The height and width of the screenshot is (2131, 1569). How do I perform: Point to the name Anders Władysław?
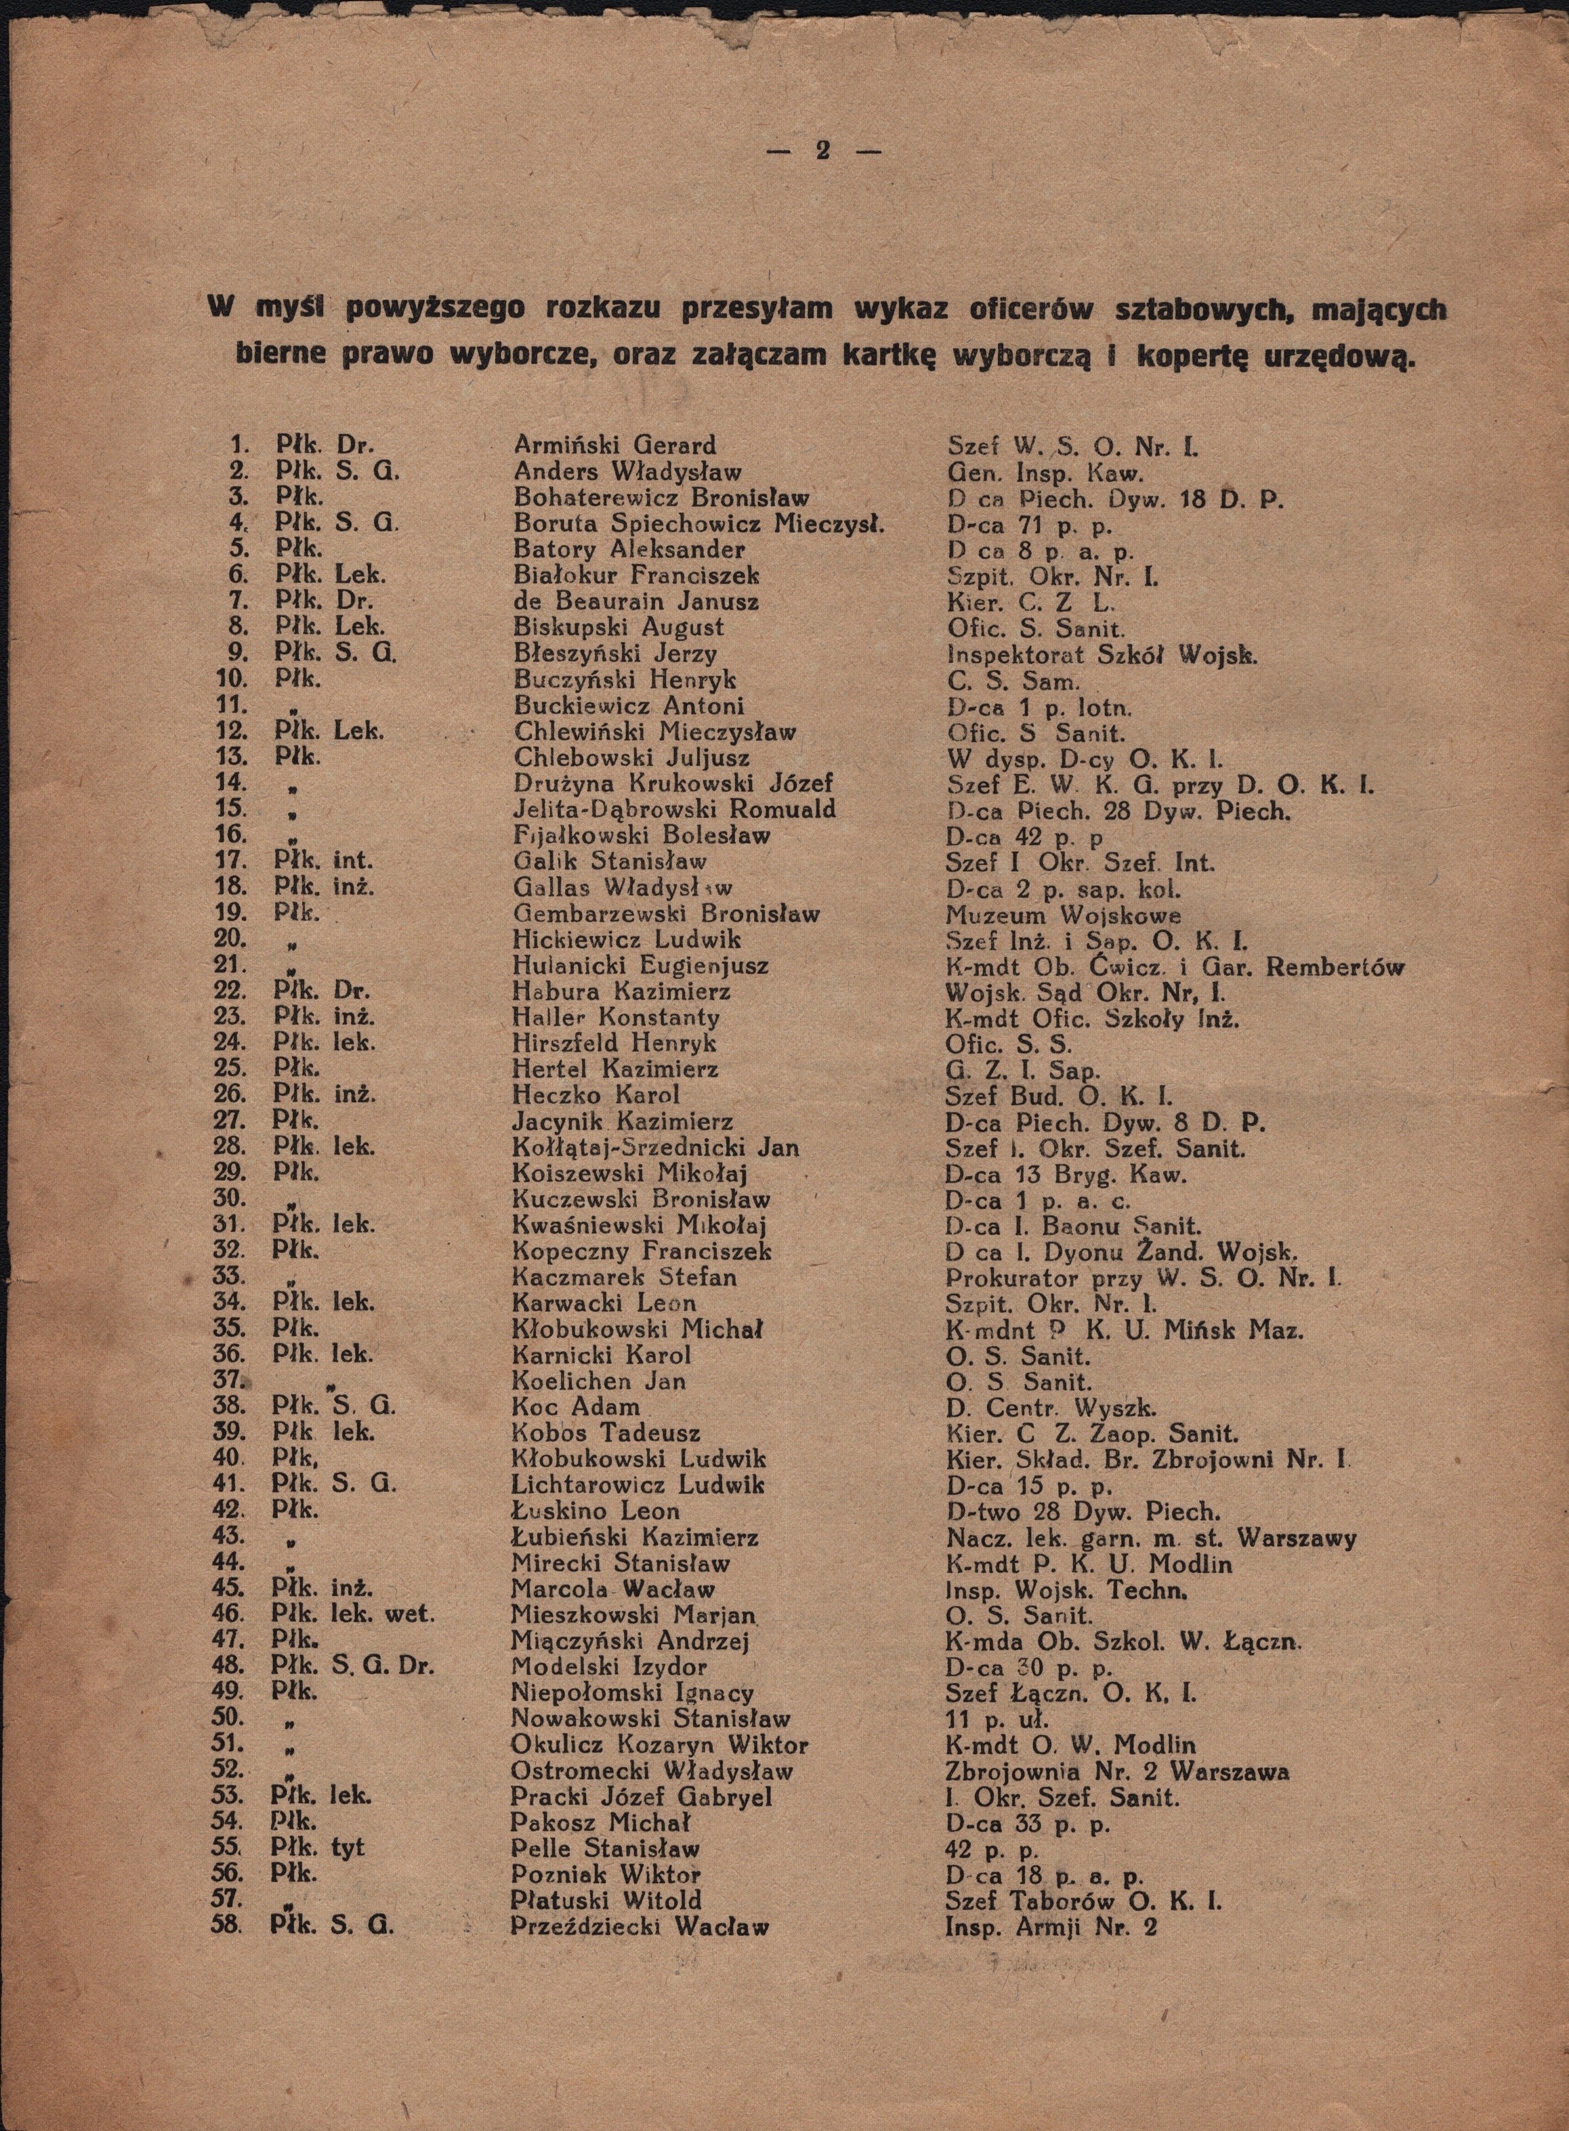[627, 471]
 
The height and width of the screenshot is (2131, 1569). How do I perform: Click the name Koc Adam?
[576, 1407]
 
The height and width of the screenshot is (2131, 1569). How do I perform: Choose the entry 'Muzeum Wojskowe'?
[1064, 916]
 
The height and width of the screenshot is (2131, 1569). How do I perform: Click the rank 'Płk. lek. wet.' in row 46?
[352, 1614]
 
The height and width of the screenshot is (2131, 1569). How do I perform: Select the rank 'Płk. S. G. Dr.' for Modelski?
[352, 1667]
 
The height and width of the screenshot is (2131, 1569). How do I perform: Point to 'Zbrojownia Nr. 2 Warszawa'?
[1117, 1771]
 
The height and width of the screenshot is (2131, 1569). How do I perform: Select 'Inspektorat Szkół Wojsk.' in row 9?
[1102, 654]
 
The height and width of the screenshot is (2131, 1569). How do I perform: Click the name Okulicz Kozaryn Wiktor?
[659, 1744]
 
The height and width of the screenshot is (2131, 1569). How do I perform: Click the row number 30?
[233, 1198]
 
